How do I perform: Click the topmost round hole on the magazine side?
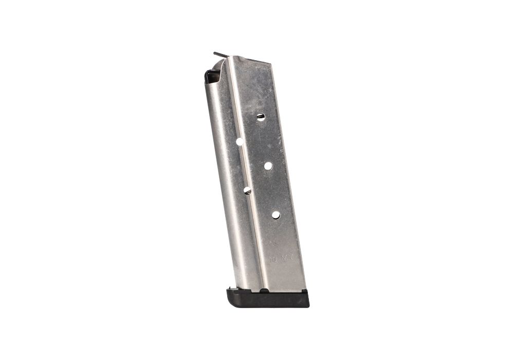261,116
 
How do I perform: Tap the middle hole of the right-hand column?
268,166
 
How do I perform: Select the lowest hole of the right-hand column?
276,214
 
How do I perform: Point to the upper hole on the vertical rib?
240,141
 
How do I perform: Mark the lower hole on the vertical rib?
247,190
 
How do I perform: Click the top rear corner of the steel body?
269,63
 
